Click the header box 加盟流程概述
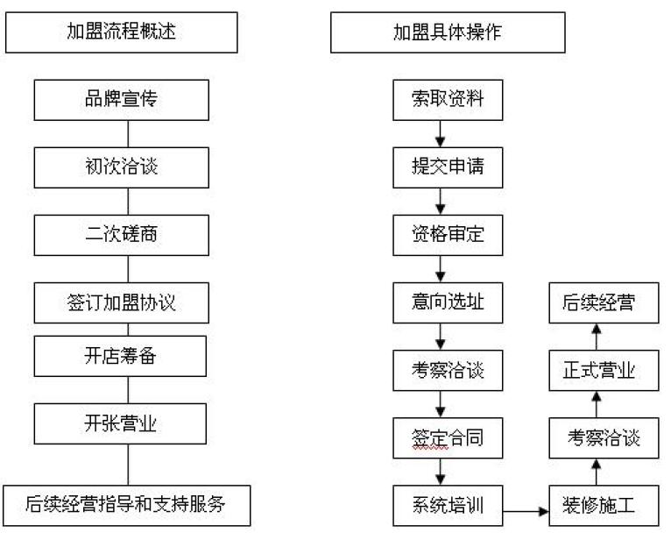click(x=122, y=32)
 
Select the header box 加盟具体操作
click(x=448, y=32)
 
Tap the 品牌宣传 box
click(x=122, y=100)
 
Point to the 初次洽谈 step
click(x=122, y=167)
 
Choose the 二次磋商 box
click(x=122, y=235)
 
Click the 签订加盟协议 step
click(x=122, y=302)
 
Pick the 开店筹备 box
click(x=120, y=356)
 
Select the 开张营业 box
click(x=120, y=423)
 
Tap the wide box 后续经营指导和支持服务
click(x=127, y=506)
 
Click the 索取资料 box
click(x=448, y=100)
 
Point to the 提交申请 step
click(x=448, y=167)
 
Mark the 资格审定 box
click(x=448, y=235)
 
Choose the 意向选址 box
click(x=448, y=302)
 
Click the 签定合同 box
click(x=448, y=438)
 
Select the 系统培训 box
click(x=448, y=506)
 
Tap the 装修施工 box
click(x=604, y=506)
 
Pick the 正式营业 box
click(x=604, y=370)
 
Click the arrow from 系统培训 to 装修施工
click(x=526, y=511)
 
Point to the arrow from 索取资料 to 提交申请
click(x=441, y=134)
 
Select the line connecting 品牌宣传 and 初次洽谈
click(x=128, y=134)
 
